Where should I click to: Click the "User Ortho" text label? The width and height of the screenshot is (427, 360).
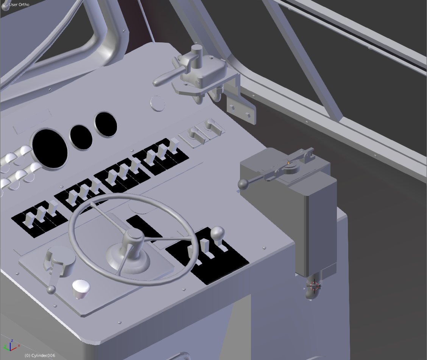point(19,5)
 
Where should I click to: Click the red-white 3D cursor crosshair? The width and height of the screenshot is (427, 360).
point(314,286)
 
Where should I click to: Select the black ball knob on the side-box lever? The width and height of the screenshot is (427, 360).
point(243,185)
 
